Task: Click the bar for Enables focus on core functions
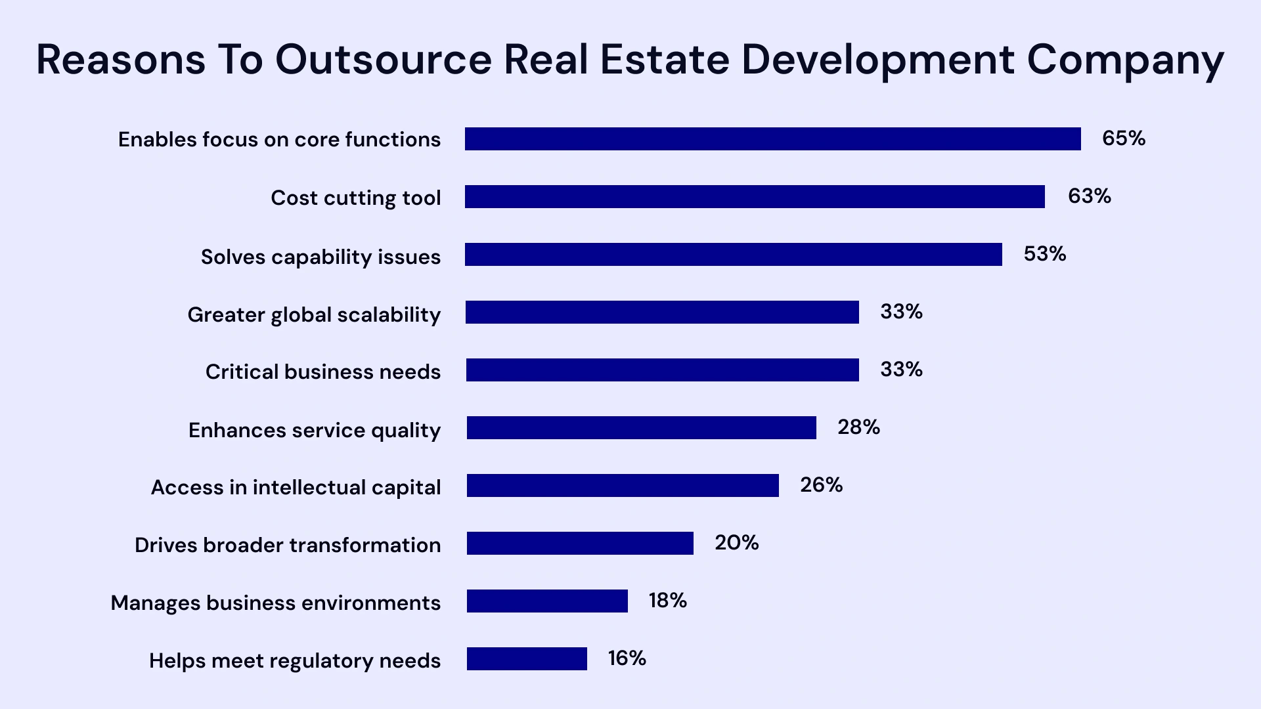[772, 139]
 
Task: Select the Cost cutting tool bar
[755, 197]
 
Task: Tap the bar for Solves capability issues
[733, 255]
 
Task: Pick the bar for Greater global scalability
[662, 312]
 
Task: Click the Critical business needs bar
[662, 370]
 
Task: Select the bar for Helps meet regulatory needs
[527, 659]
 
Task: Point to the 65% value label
[1123, 139]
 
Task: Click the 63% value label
[1089, 196]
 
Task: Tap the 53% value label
[1044, 254]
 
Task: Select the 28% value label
[858, 427]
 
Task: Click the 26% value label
[821, 485]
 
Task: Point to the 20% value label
[736, 543]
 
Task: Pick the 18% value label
[667, 601]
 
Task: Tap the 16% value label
[627, 658]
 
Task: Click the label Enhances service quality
[314, 431]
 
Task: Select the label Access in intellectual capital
[296, 488]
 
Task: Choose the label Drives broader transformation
[288, 546]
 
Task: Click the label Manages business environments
[275, 603]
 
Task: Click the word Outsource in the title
[383, 59]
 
